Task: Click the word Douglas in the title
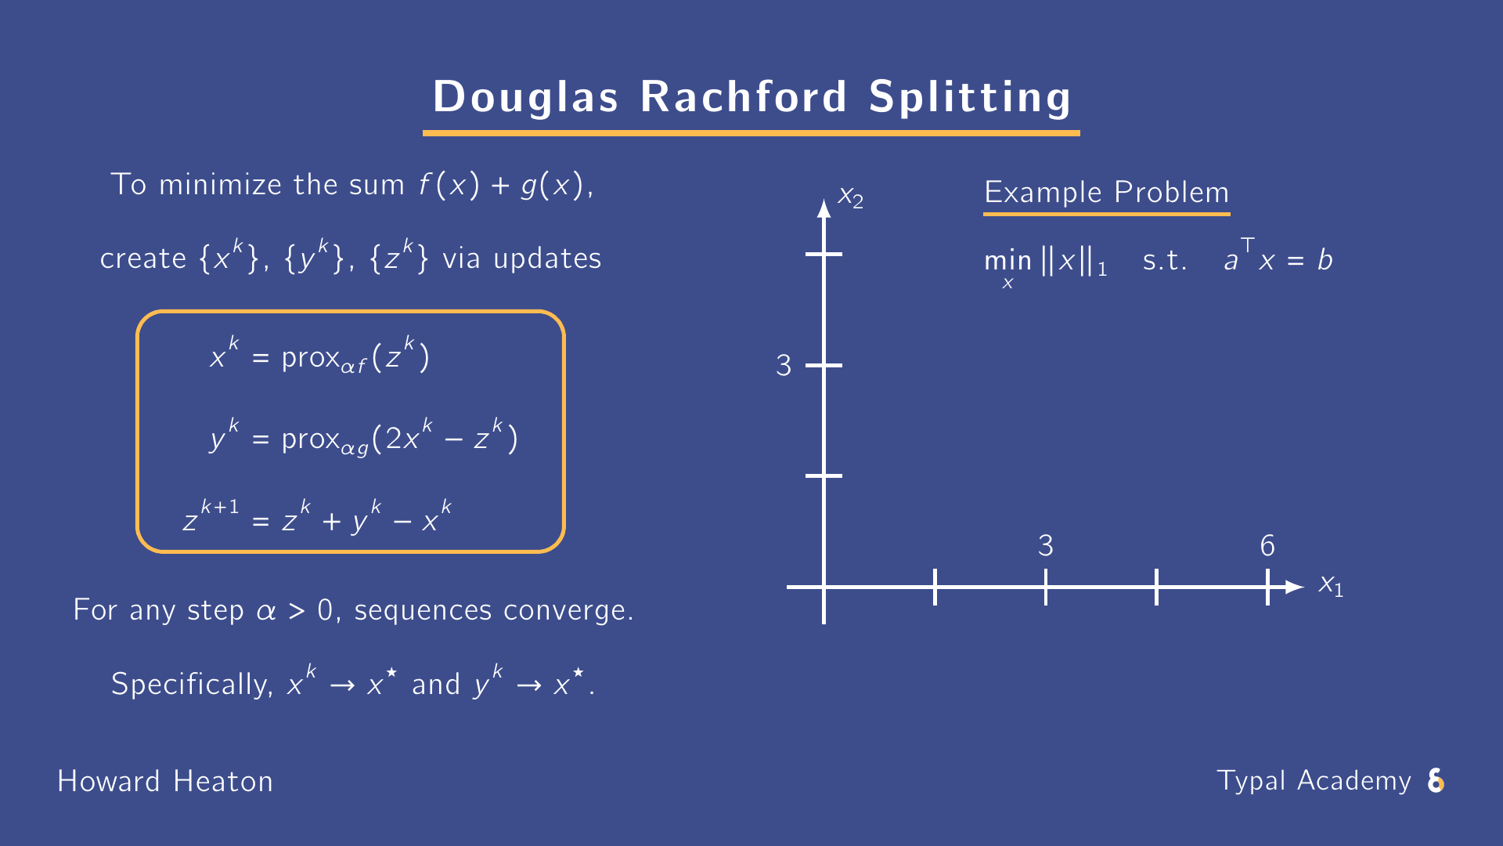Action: coord(525,97)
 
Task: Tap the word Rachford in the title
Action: coord(744,97)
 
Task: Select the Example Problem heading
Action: coord(1106,193)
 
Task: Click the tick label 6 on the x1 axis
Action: coord(1267,546)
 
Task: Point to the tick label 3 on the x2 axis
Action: coord(784,366)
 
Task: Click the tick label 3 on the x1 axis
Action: coord(1046,546)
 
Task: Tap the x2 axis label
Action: coord(850,197)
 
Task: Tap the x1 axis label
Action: coord(1331,585)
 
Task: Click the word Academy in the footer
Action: coord(1353,781)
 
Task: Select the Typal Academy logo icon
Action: coord(1436,781)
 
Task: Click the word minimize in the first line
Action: coord(220,185)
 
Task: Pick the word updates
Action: coord(547,258)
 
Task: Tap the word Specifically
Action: coord(192,685)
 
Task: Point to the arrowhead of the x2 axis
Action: coord(824,208)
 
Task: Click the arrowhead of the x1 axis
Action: coord(1295,587)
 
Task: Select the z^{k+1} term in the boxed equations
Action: coord(210,517)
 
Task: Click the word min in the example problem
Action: coord(1007,260)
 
